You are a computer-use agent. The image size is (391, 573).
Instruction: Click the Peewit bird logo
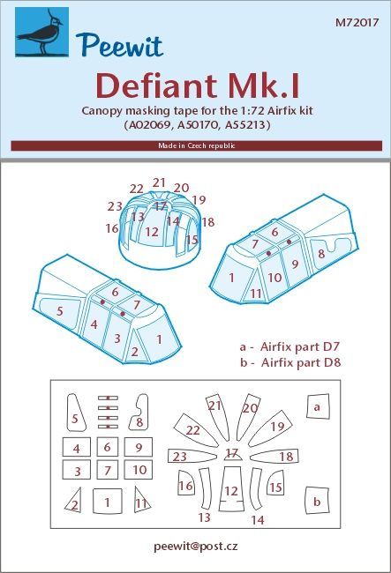41,32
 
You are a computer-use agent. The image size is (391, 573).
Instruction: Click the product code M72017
357,23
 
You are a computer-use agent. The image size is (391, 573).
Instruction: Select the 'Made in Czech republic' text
197,145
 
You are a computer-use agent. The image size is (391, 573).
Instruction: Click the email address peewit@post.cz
196,547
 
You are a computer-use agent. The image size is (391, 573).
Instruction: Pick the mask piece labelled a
318,406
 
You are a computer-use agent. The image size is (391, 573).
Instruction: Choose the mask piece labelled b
317,501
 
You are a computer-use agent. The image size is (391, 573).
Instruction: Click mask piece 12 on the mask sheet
231,489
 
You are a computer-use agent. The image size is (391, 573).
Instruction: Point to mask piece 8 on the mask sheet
139,413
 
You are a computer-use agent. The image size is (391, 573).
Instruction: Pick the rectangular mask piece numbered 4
77,447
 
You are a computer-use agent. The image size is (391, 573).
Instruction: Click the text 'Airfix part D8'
301,362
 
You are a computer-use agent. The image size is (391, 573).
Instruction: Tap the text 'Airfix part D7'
300,346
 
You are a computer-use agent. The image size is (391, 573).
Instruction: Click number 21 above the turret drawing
159,182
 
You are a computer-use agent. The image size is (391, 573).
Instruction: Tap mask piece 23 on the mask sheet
192,457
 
